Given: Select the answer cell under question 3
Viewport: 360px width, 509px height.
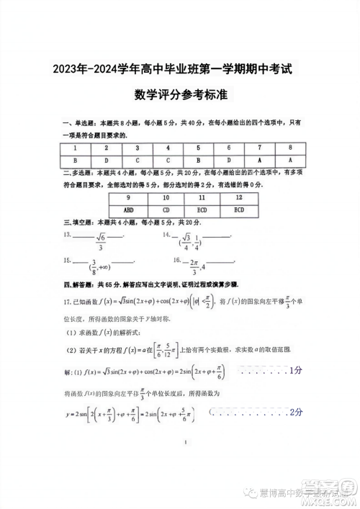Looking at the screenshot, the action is pyautogui.click(x=137, y=160).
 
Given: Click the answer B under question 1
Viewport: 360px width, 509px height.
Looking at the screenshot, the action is pyautogui.click(x=75, y=160).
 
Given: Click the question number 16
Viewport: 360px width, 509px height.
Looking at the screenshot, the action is pyautogui.click(x=177, y=259).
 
